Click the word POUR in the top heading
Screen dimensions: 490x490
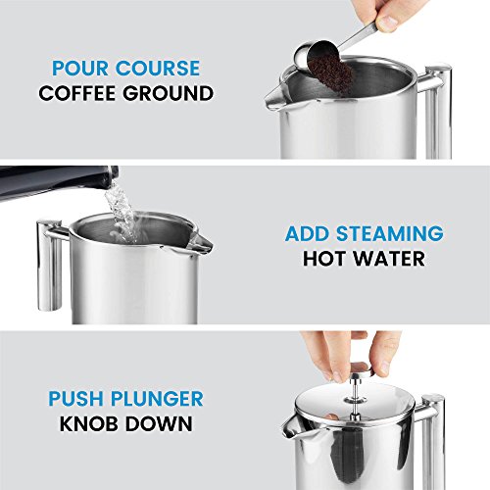click(x=80, y=68)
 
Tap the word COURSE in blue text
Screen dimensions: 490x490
click(x=158, y=68)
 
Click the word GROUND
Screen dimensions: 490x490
click(x=169, y=93)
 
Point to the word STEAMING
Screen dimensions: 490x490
click(x=390, y=233)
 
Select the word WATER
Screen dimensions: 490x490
click(x=390, y=259)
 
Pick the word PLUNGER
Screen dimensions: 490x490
click(x=157, y=399)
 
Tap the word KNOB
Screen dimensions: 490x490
click(x=88, y=423)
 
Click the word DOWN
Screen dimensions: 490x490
click(x=159, y=423)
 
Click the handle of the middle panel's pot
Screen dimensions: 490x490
click(x=51, y=265)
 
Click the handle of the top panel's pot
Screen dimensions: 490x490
click(x=436, y=111)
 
